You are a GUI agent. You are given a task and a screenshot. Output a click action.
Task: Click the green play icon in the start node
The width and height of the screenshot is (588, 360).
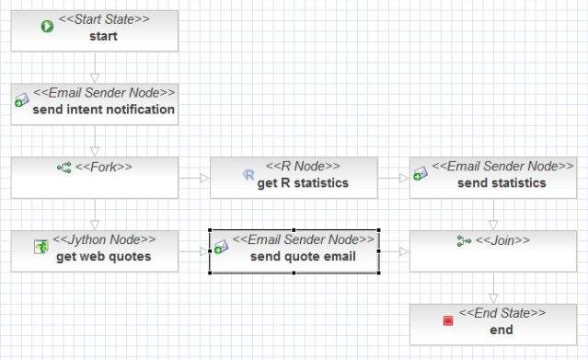point(47,27)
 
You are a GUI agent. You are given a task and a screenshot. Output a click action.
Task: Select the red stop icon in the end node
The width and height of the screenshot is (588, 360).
point(448,320)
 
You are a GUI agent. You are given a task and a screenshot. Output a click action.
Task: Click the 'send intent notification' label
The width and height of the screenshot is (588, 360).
point(103,110)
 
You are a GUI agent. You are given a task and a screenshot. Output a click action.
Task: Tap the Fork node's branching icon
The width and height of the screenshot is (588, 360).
point(64,168)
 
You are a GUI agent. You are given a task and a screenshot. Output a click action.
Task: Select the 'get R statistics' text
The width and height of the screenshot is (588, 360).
point(303,182)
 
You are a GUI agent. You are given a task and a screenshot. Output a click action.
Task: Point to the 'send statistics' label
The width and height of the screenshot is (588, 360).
point(501,182)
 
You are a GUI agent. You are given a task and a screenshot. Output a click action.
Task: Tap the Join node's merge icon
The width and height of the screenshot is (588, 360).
point(464,241)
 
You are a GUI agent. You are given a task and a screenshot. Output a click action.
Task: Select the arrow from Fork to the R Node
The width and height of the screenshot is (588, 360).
point(193,178)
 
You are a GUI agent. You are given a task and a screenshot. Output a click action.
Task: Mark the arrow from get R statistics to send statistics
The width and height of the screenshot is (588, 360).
point(394,178)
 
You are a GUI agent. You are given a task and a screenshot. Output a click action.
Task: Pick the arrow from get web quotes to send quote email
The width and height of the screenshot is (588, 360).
point(193,250)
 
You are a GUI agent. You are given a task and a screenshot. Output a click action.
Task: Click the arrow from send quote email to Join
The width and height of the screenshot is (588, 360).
point(395,250)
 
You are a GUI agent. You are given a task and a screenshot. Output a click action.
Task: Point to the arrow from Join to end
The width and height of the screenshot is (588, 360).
point(494,288)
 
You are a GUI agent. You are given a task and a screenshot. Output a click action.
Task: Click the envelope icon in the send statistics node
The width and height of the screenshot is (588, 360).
point(419,173)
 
